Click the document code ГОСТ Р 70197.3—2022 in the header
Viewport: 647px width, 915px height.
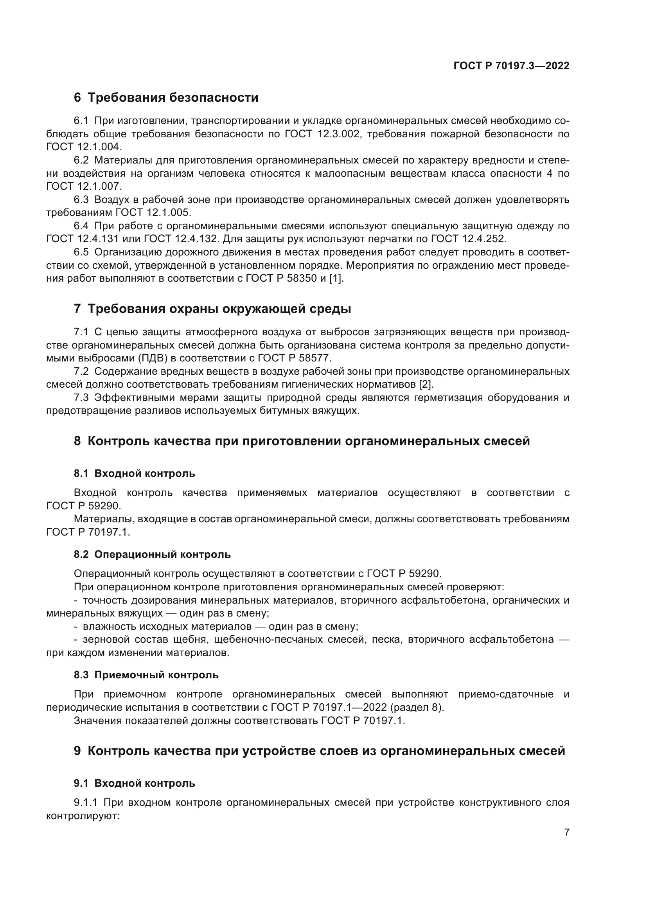click(511, 66)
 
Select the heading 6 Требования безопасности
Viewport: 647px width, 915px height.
click(166, 98)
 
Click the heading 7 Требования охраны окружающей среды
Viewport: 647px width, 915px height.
click(212, 309)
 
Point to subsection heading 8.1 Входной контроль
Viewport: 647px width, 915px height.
click(134, 473)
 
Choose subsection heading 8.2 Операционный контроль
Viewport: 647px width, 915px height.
click(152, 554)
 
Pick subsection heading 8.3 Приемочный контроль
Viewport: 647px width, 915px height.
click(146, 675)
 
